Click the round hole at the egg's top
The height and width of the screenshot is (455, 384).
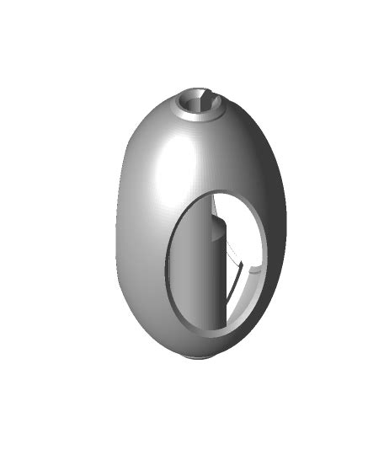pos(200,102)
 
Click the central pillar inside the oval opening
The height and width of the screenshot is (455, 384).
pos(211,270)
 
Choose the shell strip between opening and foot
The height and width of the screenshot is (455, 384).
pos(202,344)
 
